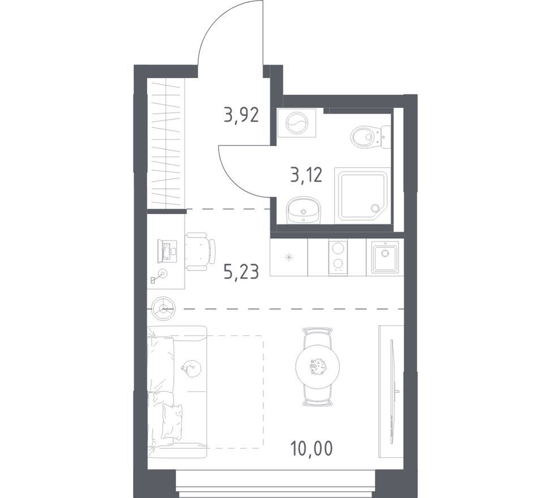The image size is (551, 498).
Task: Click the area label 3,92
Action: click(x=241, y=115)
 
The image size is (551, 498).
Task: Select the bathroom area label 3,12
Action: click(x=306, y=174)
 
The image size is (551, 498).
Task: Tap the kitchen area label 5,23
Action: click(x=241, y=272)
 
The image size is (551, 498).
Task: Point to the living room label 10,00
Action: click(x=311, y=448)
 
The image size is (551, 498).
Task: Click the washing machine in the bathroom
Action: click(x=297, y=123)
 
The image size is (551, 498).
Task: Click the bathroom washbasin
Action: click(x=304, y=211)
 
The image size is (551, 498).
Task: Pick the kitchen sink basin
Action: click(x=385, y=259)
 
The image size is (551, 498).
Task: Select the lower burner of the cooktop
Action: click(x=338, y=264)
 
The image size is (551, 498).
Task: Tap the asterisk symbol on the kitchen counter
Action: click(x=289, y=258)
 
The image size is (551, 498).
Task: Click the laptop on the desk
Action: click(x=167, y=251)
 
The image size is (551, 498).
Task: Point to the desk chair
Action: click(x=200, y=251)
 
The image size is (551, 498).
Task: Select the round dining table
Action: click(x=318, y=366)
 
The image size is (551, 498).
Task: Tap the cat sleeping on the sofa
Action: click(x=191, y=369)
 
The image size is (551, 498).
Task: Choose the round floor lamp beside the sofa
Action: click(x=163, y=309)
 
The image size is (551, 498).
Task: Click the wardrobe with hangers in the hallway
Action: click(x=166, y=142)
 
